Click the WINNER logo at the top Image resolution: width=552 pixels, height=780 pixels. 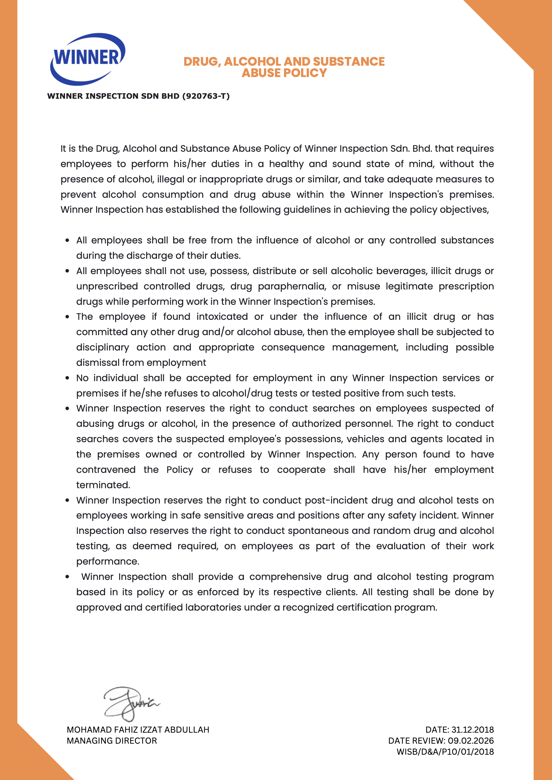[x=88, y=58]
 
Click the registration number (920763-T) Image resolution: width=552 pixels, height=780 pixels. [x=206, y=96]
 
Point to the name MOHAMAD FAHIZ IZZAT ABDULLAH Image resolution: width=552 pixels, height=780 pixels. [x=138, y=730]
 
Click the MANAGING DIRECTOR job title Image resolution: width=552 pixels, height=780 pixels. [x=112, y=741]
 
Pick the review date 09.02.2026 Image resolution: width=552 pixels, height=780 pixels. [x=471, y=741]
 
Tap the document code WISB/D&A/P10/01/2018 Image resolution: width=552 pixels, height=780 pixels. [x=445, y=751]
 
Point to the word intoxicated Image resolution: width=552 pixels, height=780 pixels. [x=222, y=316]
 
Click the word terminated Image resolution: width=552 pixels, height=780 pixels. [x=103, y=485]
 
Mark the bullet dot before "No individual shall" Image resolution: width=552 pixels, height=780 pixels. [x=67, y=378]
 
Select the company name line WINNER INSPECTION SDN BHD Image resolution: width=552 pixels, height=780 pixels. [x=113, y=96]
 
